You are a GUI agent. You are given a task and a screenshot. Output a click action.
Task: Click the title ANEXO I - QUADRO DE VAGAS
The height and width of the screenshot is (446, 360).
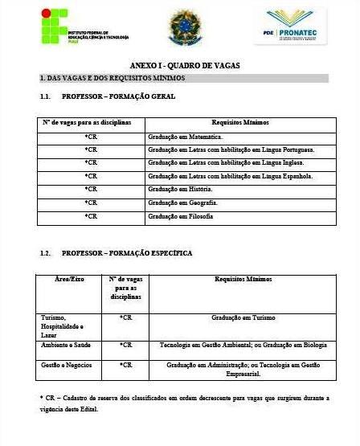pyautogui.click(x=185, y=65)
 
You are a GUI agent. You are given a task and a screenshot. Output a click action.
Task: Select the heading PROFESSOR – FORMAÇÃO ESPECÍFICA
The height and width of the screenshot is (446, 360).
pyautogui.click(x=126, y=253)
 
